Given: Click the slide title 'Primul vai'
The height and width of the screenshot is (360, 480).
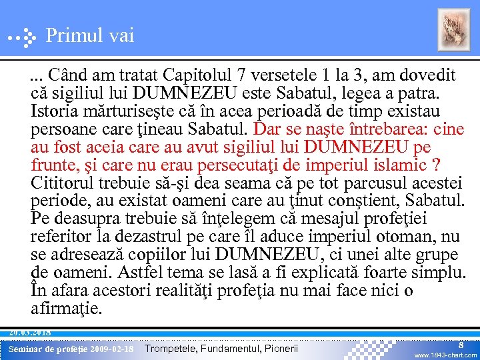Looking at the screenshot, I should point(90,35).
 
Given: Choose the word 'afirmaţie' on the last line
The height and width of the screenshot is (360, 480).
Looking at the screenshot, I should point(67,309).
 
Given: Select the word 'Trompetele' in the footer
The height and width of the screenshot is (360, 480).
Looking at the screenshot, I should point(167,349).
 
